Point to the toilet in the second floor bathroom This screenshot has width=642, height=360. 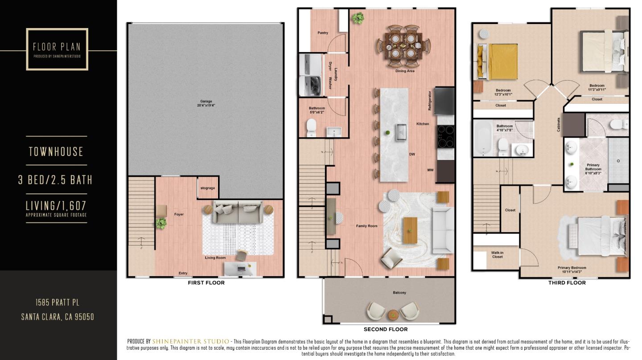tap(311, 128)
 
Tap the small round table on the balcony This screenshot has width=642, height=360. tap(393, 314)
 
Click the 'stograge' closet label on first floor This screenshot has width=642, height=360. tap(208, 188)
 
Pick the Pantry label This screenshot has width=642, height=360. tap(323, 33)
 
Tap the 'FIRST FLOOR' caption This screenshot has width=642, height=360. tap(206, 283)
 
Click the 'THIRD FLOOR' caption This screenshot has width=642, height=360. tap(567, 283)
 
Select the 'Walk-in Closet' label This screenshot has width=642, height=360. tap(497, 255)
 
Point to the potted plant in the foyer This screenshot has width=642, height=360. tap(160, 223)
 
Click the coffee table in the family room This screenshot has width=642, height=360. tap(410, 230)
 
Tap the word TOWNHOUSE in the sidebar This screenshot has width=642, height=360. tap(56, 152)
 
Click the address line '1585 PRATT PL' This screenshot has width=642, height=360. tap(58, 303)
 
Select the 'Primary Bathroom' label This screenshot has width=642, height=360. tap(593, 167)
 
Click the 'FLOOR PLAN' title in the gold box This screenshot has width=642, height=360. tap(57, 47)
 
